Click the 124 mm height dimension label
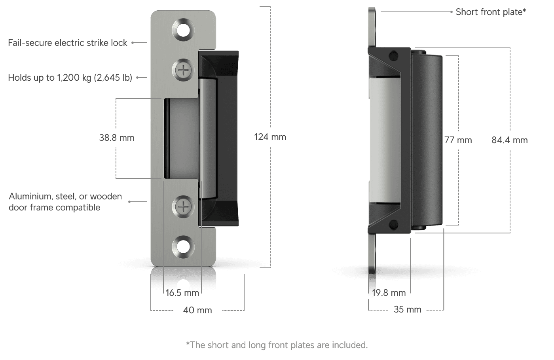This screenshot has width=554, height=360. pyautogui.click(x=270, y=137)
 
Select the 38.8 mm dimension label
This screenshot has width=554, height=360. pyautogui.click(x=117, y=138)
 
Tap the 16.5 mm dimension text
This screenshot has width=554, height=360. pyautogui.click(x=182, y=293)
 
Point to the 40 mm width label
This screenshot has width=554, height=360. pyautogui.click(x=197, y=310)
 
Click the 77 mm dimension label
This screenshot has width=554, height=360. pyautogui.click(x=458, y=140)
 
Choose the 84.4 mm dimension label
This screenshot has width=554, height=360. pyautogui.click(x=510, y=140)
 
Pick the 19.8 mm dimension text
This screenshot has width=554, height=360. pyautogui.click(x=389, y=293)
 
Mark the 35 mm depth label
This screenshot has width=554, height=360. pyautogui.click(x=407, y=309)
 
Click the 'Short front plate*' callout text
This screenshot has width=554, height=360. pyautogui.click(x=491, y=12)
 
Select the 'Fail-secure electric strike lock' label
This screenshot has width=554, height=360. pyautogui.click(x=68, y=43)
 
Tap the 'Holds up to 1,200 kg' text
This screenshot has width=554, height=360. pyautogui.click(x=49, y=78)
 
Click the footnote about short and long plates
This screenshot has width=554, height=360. pyautogui.click(x=277, y=345)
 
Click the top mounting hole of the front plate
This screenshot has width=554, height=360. pyautogui.click(x=183, y=30)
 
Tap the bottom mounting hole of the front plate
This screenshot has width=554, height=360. pyautogui.click(x=183, y=247)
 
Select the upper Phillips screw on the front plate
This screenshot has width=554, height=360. pyautogui.click(x=183, y=70)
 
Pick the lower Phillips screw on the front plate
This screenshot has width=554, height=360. pyautogui.click(x=183, y=207)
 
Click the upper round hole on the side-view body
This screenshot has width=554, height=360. pyautogui.click(x=394, y=56)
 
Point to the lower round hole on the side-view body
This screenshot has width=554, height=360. pyautogui.click(x=394, y=225)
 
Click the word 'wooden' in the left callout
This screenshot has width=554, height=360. pyautogui.click(x=106, y=196)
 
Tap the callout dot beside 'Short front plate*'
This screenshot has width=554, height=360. pyautogui.click(x=452, y=11)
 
